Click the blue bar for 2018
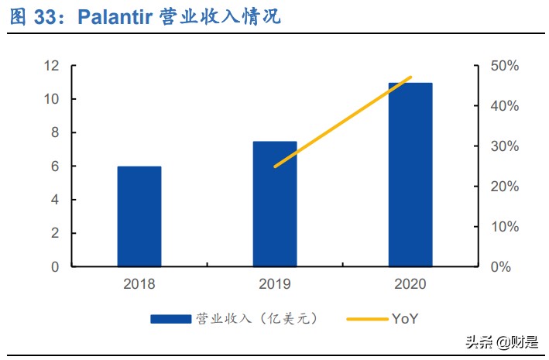139,217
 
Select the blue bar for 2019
275,204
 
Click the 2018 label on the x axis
139,284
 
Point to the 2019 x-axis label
275,284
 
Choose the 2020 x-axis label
410,284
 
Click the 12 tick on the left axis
50,66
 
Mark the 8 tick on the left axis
54,132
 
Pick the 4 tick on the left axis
54,200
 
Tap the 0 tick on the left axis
54,266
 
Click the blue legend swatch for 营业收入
170,318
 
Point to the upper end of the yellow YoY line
411,77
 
